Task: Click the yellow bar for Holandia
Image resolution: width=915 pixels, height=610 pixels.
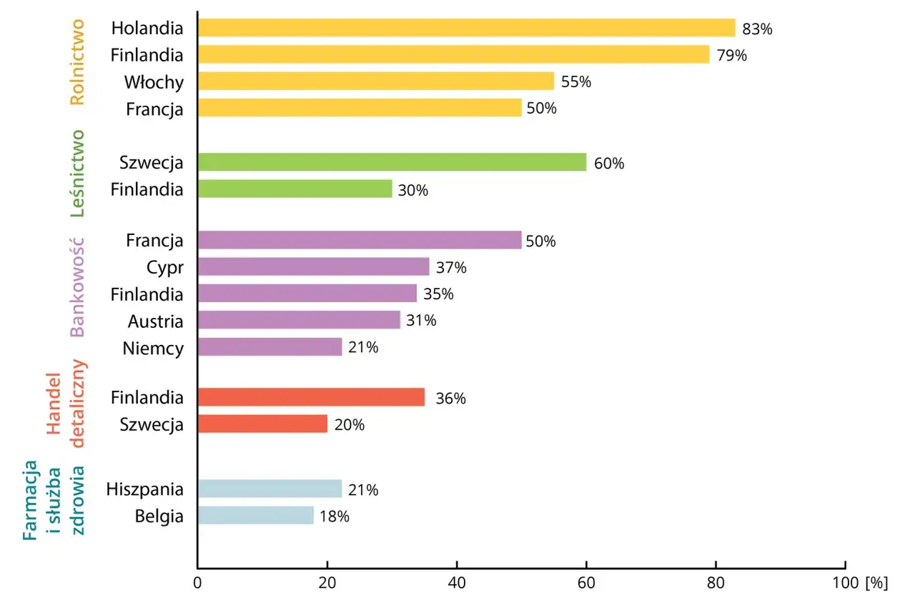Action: (466, 28)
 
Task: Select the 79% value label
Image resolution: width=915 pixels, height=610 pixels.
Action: (731, 55)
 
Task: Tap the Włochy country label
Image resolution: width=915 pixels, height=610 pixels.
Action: (154, 82)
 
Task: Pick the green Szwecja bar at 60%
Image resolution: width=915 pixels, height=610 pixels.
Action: (392, 162)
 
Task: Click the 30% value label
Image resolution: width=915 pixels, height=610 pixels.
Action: (412, 191)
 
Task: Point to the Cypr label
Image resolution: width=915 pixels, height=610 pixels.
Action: (165, 267)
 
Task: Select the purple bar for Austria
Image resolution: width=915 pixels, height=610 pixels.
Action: (299, 320)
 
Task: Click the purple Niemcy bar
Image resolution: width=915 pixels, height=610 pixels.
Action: (269, 347)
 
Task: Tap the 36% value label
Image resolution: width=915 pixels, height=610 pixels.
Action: (450, 399)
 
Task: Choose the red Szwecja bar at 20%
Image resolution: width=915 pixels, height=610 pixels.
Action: (262, 424)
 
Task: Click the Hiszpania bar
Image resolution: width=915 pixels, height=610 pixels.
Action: (269, 489)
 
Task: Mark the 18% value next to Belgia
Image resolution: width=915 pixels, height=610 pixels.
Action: (334, 516)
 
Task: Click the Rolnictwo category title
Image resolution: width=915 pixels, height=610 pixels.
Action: (76, 62)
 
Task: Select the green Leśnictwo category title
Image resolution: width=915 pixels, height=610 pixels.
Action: (77, 173)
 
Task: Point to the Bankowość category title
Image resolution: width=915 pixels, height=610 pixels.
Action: (77, 286)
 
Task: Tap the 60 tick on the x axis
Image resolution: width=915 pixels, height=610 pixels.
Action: (586, 582)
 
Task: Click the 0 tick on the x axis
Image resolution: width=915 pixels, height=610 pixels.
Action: (197, 582)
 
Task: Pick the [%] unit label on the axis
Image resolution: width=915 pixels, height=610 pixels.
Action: (876, 582)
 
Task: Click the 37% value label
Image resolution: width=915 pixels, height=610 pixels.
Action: (451, 268)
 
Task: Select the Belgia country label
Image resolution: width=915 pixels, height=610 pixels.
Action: (159, 516)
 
